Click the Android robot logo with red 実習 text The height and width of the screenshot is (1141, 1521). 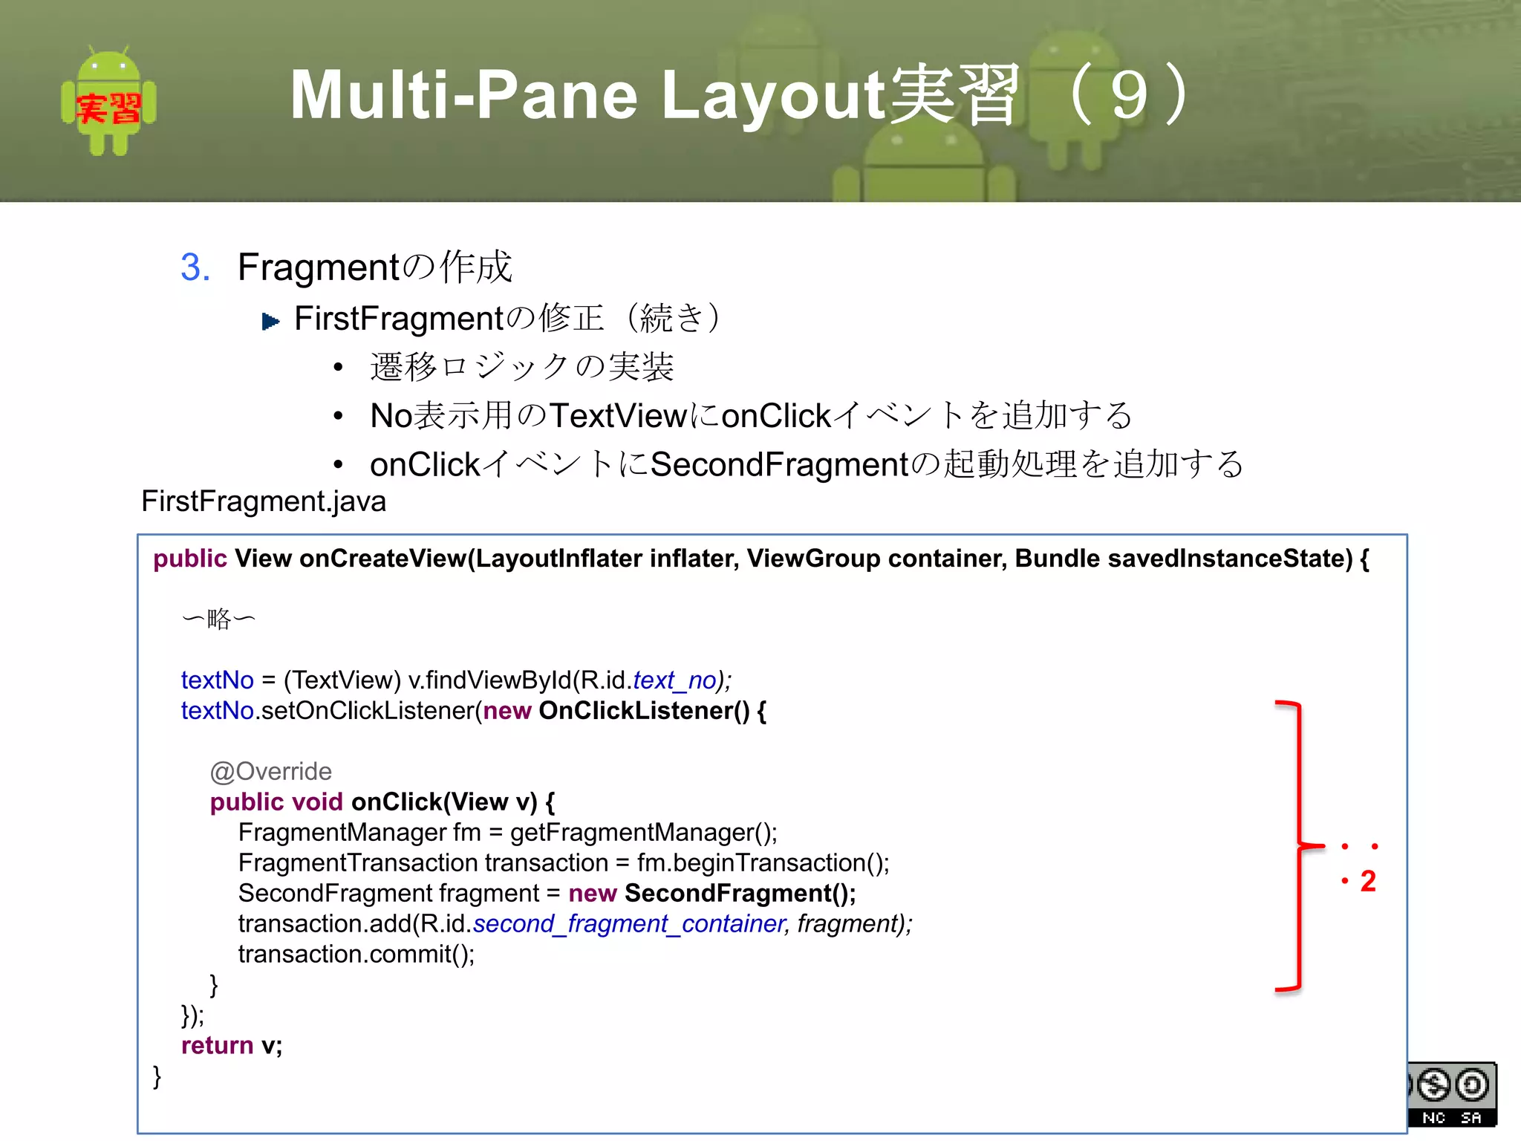[108, 102]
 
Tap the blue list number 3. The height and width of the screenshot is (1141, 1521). [195, 267]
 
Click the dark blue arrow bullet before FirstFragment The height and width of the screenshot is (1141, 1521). [270, 322]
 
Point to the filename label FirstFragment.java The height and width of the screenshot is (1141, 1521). [264, 501]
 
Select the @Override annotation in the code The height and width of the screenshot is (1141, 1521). [270, 771]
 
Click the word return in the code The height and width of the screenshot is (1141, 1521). [217, 1045]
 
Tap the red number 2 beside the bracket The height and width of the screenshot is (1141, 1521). [1368, 881]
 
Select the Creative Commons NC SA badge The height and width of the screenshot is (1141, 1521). [1452, 1094]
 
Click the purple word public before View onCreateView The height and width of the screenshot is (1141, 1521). [189, 559]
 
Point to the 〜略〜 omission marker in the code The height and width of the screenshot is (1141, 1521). [218, 618]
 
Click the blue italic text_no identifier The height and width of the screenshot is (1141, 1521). [674, 680]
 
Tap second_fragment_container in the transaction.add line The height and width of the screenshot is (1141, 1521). [629, 923]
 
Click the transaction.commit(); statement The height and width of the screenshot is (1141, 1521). [356, 954]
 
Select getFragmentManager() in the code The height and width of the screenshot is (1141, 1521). [642, 832]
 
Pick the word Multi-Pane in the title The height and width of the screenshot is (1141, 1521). [463, 95]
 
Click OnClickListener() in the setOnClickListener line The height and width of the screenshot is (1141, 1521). [643, 711]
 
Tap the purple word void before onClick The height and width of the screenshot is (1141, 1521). [317, 802]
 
